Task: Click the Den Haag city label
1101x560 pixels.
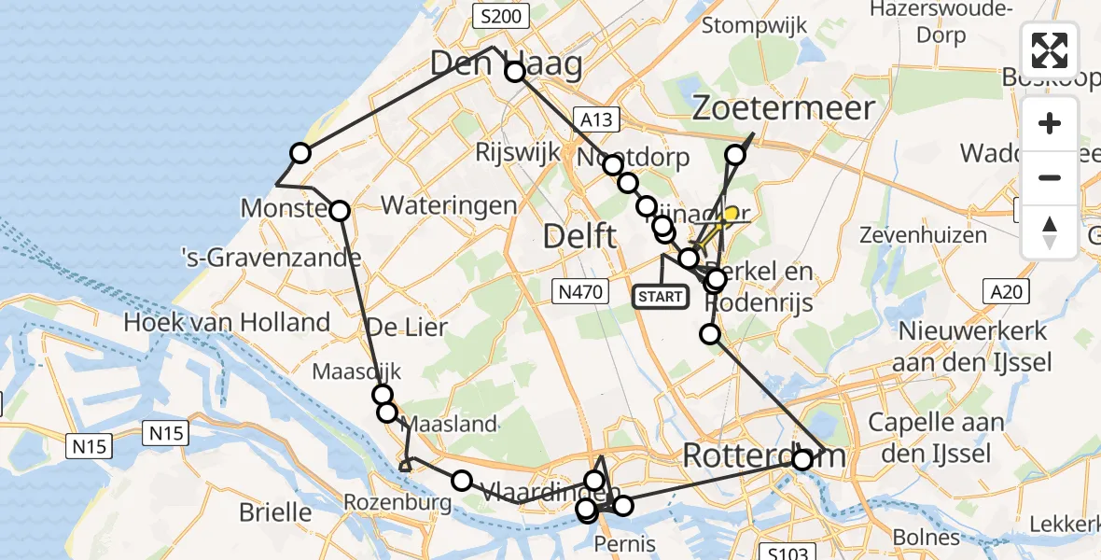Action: point(506,63)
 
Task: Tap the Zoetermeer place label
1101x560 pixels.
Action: point(784,108)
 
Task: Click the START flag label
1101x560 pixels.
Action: point(660,297)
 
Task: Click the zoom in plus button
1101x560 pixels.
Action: point(1050,124)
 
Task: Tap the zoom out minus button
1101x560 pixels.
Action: point(1050,177)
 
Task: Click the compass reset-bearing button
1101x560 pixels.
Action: point(1050,231)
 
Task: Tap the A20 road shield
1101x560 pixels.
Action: point(1007,292)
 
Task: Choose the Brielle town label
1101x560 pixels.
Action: point(275,511)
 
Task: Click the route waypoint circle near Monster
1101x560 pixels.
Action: point(340,212)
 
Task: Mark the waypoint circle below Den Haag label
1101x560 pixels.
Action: point(515,72)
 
